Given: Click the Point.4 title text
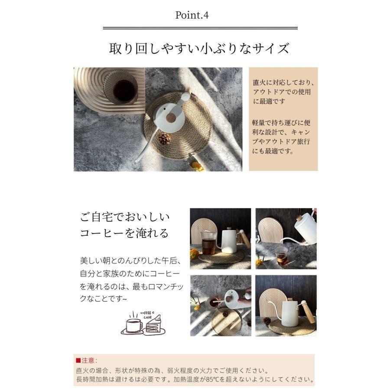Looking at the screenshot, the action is point(192,15).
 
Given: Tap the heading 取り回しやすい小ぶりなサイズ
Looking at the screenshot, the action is point(199,48).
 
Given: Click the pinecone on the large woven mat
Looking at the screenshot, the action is point(164,139).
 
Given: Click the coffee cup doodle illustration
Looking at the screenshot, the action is point(133,323).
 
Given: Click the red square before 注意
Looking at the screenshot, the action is point(78,361).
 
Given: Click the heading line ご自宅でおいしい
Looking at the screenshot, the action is point(125,217).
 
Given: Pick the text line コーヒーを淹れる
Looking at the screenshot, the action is point(124,233).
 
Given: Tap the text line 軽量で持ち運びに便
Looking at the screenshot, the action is point(281,123).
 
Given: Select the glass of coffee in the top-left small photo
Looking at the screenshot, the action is point(209,244).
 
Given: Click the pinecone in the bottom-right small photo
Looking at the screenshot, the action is point(266,321).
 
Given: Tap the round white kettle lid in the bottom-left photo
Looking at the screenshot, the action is point(231,299).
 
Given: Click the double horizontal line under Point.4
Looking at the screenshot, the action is point(200,28).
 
